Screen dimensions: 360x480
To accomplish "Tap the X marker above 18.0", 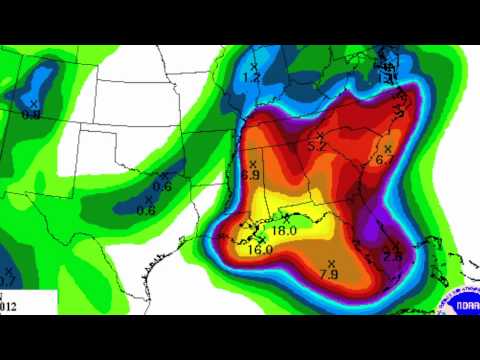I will pos(286,216).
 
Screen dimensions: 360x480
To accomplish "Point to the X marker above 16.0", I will pos(261,237).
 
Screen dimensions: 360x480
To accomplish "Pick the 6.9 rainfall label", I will pos(252,176).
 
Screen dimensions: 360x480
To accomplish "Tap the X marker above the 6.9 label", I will pos(253,163).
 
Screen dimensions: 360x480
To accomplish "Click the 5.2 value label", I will pos(318,147).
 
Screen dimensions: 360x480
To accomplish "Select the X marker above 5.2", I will pos(319,135).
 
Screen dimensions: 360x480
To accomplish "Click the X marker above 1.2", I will pos(254,64).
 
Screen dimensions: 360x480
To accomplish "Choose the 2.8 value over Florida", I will pos(392,257).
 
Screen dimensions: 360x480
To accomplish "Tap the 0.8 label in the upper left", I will pos(32,115).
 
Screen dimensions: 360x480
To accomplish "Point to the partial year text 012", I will pos(8,305).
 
